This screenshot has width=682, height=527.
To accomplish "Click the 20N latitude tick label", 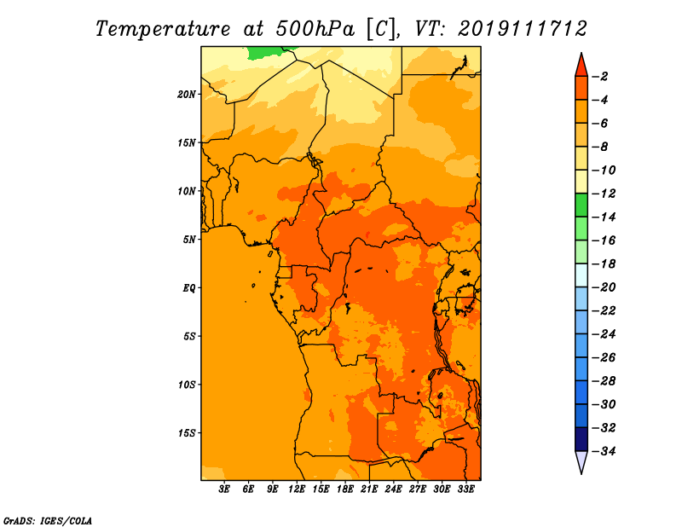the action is point(187,95).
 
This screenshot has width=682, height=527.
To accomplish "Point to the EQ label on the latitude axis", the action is point(188,288).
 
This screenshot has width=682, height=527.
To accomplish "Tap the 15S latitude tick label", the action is point(187,433).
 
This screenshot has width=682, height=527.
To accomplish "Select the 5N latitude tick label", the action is point(189,240).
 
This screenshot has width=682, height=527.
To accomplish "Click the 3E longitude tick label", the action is point(224,489).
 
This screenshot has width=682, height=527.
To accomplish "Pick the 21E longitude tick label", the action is point(369,489).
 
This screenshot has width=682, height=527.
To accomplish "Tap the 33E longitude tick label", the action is point(465,489).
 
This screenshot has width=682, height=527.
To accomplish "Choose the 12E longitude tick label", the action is point(297,489).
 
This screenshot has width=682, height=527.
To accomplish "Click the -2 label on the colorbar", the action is point(600,77).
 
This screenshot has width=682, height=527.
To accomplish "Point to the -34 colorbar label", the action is point(604,451).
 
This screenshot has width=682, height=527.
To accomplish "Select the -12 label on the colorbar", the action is point(604,194).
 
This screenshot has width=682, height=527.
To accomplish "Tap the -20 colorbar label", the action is point(604,287).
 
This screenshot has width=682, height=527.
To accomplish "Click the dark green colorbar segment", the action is point(581,206).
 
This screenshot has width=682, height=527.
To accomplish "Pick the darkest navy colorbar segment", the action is point(581,439).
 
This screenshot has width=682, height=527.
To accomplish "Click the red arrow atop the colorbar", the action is point(581,66).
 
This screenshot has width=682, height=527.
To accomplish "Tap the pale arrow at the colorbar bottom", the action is point(581,462).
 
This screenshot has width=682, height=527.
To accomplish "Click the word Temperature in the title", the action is point(163,29).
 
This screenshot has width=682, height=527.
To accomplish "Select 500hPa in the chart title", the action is point(315,29).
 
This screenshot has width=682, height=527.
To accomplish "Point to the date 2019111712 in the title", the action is point(523,29).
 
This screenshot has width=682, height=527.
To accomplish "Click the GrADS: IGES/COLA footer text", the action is point(48,520).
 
